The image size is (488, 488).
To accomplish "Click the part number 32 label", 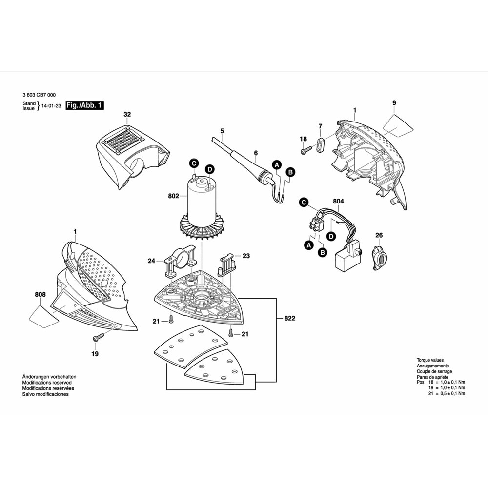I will pos(127,115).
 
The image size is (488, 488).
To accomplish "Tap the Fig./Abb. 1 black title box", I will pos(84,105).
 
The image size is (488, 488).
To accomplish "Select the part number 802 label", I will pos(173,196).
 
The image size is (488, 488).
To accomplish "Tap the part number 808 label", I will pos(41,294).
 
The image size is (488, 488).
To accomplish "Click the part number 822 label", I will pos(289,318).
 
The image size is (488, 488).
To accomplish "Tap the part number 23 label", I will pos(245,255).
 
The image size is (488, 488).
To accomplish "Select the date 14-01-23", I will pos(51,105).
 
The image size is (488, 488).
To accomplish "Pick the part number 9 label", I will pos(394,102).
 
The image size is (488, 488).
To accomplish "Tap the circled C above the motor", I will pos(194,163).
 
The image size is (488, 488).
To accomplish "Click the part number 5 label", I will pos(222,131).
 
